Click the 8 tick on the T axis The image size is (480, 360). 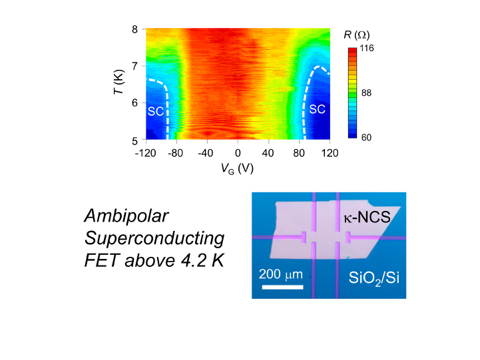[x=135, y=29]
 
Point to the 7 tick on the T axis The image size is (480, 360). [x=135, y=66]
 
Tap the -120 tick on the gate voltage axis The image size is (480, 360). [x=145, y=153]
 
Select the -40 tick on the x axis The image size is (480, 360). [x=207, y=153]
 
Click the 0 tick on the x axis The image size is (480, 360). [x=238, y=153]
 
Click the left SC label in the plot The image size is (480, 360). [x=155, y=112]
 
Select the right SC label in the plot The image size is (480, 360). [x=318, y=109]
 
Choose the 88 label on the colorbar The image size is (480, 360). [x=366, y=93]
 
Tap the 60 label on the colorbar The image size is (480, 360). [x=366, y=138]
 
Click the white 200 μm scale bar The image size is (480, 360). [x=283, y=287]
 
